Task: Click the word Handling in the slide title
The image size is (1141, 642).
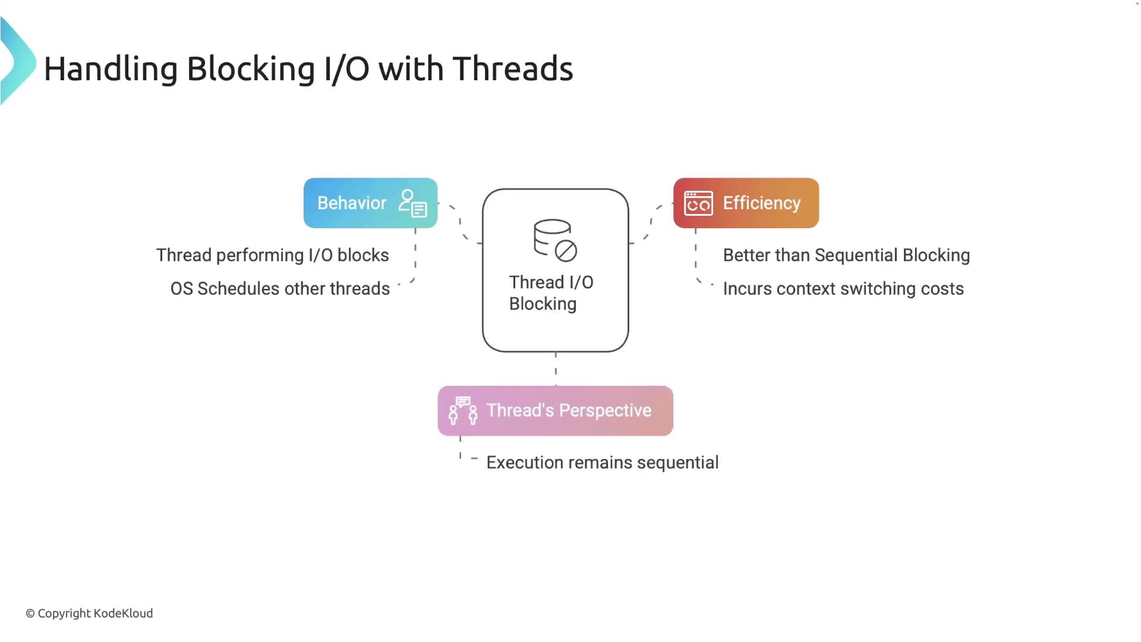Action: click(111, 69)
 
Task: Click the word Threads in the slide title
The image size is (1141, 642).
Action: click(513, 68)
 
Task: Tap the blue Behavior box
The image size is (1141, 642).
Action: click(370, 203)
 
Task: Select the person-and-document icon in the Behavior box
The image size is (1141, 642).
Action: click(413, 203)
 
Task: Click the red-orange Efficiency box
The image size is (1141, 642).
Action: click(746, 203)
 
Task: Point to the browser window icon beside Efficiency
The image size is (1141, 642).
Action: click(698, 203)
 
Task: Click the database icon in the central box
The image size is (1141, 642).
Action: click(555, 241)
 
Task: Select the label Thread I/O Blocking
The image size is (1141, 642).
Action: click(551, 293)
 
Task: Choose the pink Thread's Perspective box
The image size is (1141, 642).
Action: click(555, 411)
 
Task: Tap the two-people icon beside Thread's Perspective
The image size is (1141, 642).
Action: click(463, 411)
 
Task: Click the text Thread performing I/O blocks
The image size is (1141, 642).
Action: click(272, 256)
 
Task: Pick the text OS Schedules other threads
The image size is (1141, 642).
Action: click(280, 289)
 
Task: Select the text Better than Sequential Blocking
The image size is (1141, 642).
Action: click(846, 256)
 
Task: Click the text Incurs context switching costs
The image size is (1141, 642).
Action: click(843, 289)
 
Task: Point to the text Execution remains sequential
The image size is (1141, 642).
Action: click(603, 462)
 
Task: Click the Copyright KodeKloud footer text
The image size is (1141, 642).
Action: click(89, 613)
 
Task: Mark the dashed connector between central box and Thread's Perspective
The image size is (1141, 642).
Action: click(556, 369)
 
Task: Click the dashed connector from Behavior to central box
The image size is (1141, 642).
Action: click(460, 223)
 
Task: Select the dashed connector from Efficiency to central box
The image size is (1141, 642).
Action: click(651, 223)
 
